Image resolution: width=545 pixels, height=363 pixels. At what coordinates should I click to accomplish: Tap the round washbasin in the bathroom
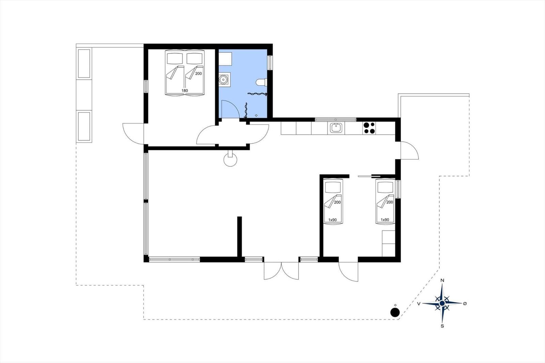223,79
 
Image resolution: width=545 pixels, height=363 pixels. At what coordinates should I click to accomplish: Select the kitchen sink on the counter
337,128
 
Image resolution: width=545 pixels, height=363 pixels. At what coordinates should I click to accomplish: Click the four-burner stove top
369,128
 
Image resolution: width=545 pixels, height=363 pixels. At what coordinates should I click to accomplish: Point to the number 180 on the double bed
185,91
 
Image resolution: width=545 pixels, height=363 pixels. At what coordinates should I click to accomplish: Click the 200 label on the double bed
199,74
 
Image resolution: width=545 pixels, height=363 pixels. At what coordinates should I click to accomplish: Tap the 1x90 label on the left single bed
332,220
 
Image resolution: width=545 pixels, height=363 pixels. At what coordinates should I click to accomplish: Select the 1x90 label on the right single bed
385,220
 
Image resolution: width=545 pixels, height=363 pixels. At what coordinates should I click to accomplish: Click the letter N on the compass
442,281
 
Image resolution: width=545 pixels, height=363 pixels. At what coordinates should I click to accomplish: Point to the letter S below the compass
442,326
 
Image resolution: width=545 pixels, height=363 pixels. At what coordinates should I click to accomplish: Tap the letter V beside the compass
419,304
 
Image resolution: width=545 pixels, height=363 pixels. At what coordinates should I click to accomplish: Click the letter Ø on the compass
465,303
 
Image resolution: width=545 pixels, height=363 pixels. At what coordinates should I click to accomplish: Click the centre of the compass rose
442,303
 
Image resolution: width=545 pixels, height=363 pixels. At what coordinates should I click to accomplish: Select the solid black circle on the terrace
395,312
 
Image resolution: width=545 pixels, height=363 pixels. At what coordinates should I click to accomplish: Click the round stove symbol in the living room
230,160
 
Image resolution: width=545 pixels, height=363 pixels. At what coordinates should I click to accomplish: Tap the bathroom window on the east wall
270,63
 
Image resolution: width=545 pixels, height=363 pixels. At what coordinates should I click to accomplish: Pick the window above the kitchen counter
336,120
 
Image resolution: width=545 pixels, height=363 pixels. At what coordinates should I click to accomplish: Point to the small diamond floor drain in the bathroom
256,115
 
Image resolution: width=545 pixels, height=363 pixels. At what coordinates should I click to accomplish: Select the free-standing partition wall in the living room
239,237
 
